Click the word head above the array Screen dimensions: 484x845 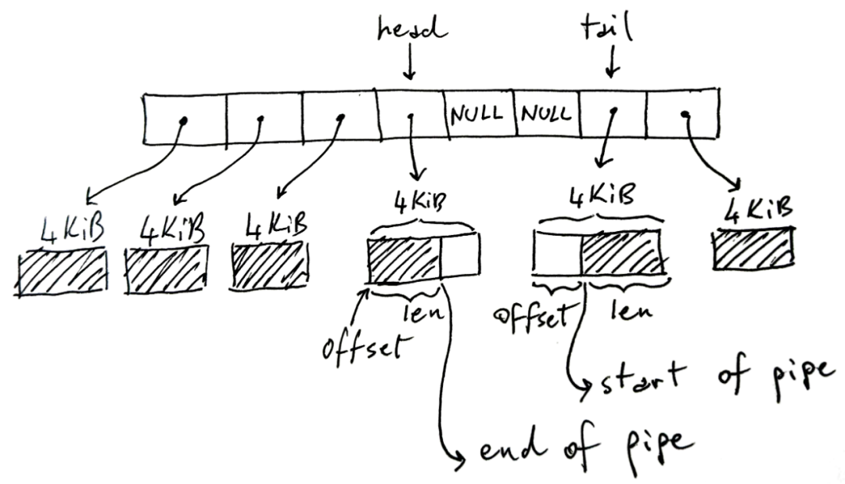tap(412, 30)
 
